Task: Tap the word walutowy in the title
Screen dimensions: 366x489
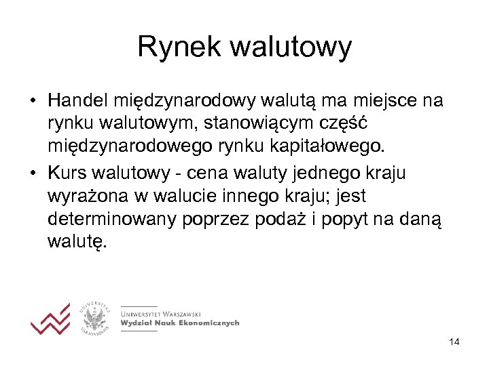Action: click(291, 47)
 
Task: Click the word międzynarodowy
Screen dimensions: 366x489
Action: click(179, 101)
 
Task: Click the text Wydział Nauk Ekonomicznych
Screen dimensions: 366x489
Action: click(180, 323)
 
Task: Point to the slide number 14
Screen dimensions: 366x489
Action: click(454, 342)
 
